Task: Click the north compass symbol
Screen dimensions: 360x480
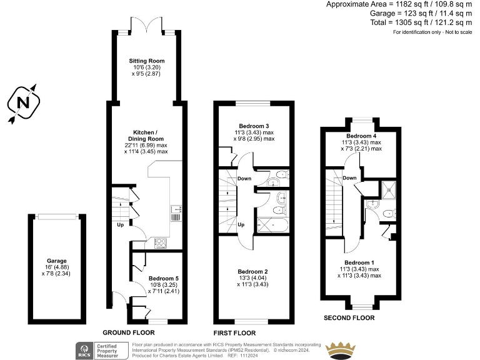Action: pos(23,102)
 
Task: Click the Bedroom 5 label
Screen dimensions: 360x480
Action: pos(164,279)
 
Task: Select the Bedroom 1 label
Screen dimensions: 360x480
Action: pos(362,262)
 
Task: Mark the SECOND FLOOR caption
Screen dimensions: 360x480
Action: pos(349,317)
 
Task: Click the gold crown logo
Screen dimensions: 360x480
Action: pos(342,349)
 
